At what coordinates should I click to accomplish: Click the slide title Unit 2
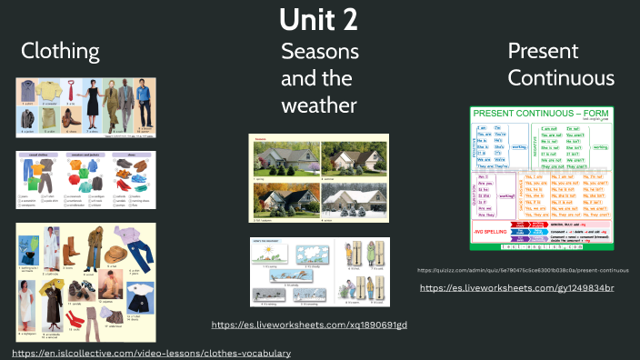[x=319, y=19]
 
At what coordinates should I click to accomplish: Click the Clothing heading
[x=61, y=51]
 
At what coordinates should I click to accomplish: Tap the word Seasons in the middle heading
[x=319, y=51]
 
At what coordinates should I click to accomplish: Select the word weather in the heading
[x=318, y=105]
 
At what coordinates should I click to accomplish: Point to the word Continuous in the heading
[x=560, y=78]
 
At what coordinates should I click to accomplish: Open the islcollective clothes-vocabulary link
[x=152, y=352]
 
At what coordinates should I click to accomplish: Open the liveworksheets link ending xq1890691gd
[x=309, y=325]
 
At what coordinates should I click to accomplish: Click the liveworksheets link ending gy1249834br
[x=516, y=287]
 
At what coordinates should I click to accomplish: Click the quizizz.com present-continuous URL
[x=523, y=270]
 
